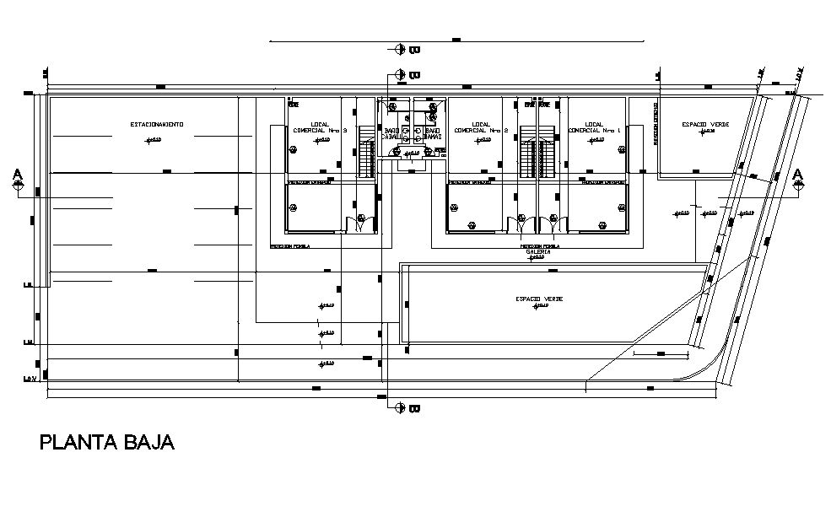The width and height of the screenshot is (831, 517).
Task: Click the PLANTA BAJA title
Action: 107,443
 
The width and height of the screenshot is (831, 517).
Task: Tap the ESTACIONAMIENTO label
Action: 157,124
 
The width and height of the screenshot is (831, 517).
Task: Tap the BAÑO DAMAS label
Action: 432,134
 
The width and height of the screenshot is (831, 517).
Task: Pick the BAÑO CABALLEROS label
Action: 392,134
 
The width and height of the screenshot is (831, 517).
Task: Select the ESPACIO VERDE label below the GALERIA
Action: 540,299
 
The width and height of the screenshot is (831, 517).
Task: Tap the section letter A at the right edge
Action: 799,175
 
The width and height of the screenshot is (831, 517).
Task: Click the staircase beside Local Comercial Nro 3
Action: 367,152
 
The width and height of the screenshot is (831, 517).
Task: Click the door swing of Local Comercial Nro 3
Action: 362,223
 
